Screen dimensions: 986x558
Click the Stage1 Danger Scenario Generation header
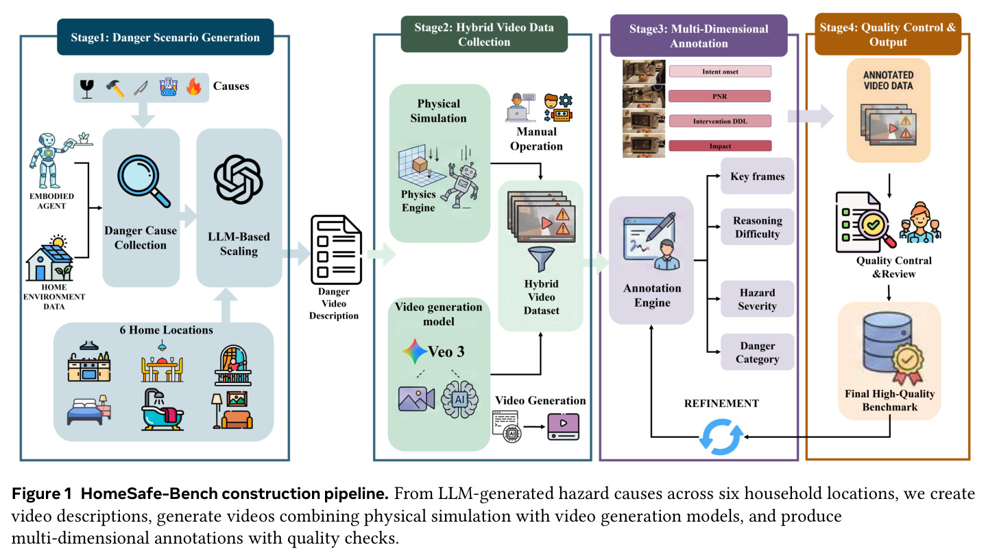pos(165,37)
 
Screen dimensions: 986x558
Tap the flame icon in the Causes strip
pos(193,87)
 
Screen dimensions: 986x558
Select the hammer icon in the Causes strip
pos(115,88)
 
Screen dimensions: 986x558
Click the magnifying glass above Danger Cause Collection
pos(143,181)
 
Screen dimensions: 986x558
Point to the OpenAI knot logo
pos(238,179)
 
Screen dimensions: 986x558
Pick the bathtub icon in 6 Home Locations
pos(163,410)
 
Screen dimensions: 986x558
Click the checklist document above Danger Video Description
pos(336,249)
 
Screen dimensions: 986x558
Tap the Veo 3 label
pos(446,351)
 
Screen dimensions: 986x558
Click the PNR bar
pos(720,96)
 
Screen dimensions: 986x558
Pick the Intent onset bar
pos(720,71)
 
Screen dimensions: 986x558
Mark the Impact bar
pos(720,146)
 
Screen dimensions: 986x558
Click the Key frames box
pos(757,176)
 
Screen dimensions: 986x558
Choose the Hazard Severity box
pos(757,299)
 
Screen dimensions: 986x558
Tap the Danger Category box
pos(757,352)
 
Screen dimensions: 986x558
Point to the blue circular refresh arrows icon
pos(721,437)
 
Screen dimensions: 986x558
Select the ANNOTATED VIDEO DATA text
pos(888,80)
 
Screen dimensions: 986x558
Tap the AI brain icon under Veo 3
pos(459,399)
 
